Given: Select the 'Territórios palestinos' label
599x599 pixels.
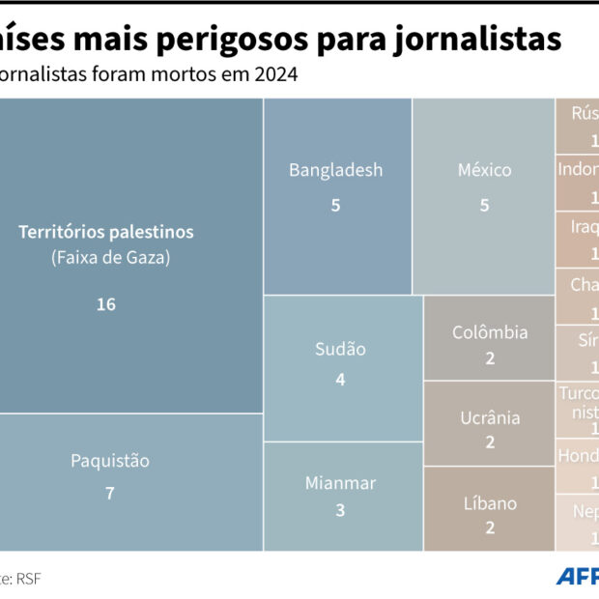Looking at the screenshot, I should pyautogui.click(x=106, y=232).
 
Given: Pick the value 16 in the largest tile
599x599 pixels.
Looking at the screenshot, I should pyautogui.click(x=106, y=304).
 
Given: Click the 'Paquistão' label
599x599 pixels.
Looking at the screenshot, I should pyautogui.click(x=110, y=461).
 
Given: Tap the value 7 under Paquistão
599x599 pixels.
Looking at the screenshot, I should pyautogui.click(x=110, y=493).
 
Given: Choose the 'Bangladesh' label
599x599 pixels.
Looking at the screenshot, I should pyautogui.click(x=336, y=170).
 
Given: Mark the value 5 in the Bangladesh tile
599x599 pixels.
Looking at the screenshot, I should pyautogui.click(x=336, y=205).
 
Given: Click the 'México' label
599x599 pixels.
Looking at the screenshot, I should pyautogui.click(x=485, y=170).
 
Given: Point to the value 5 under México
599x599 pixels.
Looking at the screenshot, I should pyautogui.click(x=485, y=205).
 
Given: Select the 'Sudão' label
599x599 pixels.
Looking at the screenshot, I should pyautogui.click(x=340, y=349).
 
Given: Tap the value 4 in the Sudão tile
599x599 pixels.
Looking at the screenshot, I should pyautogui.click(x=340, y=380).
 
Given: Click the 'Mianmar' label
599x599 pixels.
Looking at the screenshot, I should pyautogui.click(x=340, y=482).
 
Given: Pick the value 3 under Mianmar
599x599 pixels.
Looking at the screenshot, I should pyautogui.click(x=340, y=510).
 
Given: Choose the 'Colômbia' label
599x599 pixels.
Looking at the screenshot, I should pyautogui.click(x=490, y=332).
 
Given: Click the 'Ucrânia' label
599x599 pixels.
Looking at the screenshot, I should pyautogui.click(x=490, y=417).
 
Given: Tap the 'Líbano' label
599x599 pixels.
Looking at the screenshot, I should pyautogui.click(x=490, y=503).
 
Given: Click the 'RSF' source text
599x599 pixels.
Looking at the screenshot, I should pyautogui.click(x=28, y=579).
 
